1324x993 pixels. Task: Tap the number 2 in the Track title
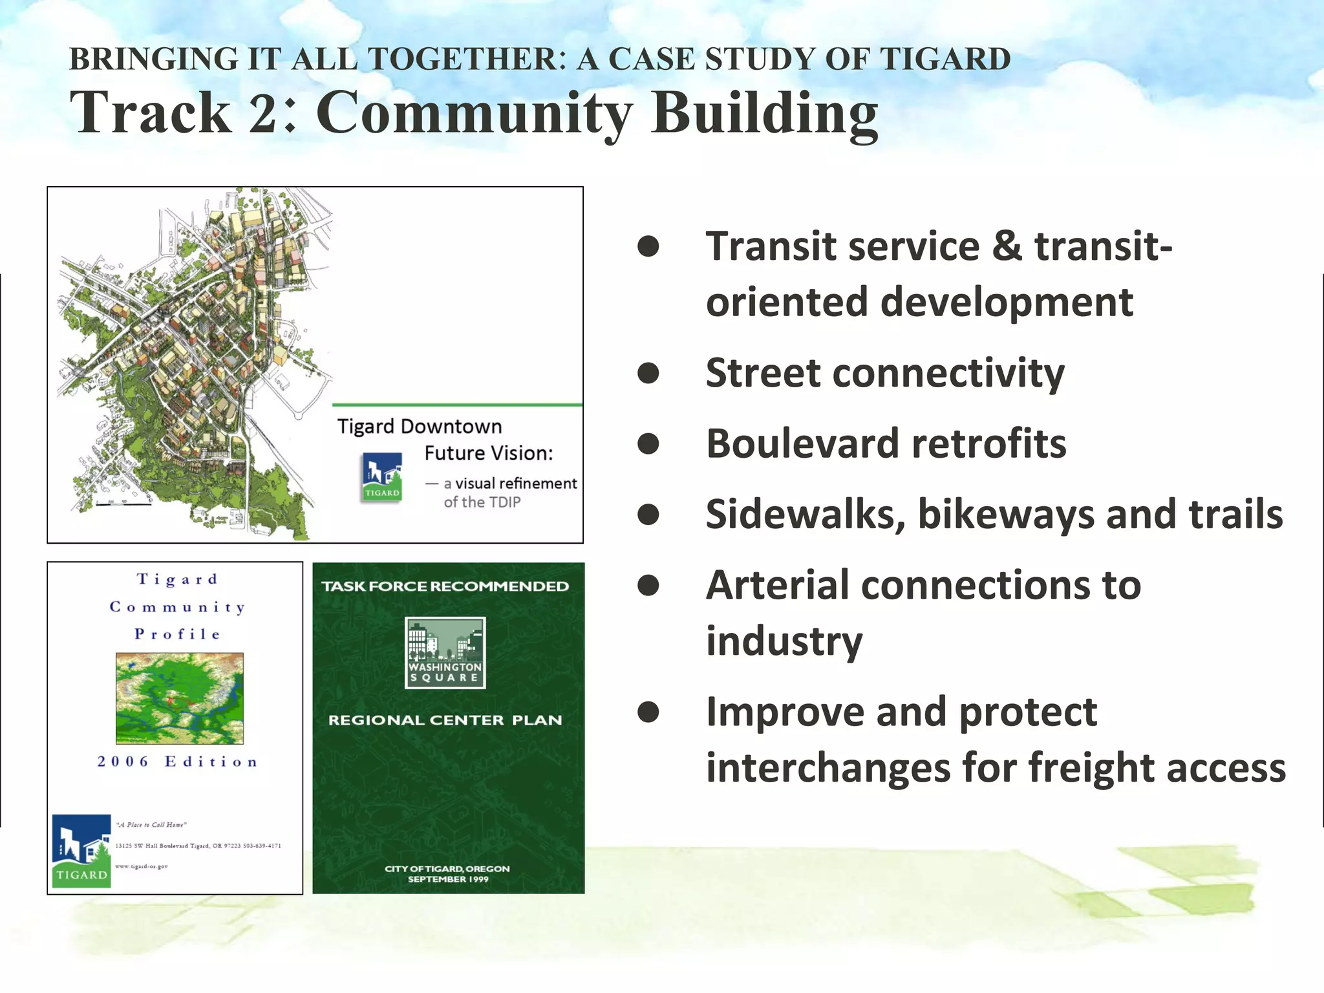pos(264,112)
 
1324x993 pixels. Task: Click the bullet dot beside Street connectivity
pos(648,373)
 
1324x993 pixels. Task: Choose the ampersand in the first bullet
pos(1007,246)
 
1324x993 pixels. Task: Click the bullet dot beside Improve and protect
pos(648,712)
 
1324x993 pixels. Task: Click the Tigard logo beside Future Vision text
pos(382,477)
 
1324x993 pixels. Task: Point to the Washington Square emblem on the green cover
pos(445,652)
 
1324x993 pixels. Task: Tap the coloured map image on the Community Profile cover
pos(180,698)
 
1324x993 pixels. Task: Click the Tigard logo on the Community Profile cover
pos(81,851)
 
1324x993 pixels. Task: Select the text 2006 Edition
pos(178,762)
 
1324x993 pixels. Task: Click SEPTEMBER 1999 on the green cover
pos(448,879)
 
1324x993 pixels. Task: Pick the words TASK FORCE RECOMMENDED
pos(445,586)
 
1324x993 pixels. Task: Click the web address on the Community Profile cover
pos(142,866)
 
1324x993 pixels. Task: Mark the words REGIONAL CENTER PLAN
pos(445,720)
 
